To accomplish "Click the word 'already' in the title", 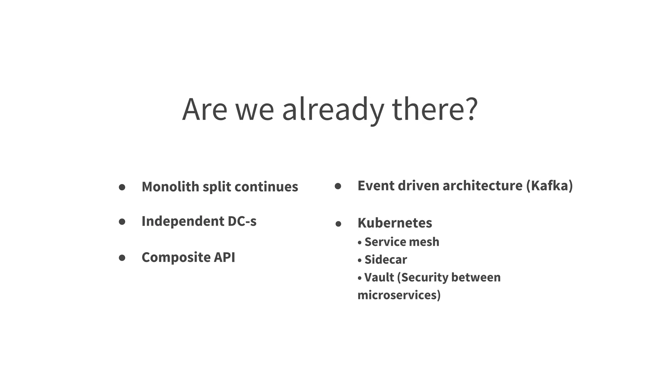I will pos(333,110).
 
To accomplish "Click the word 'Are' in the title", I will pos(205,110).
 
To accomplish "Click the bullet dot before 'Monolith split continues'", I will pos(122,187).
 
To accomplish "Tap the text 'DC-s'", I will pos(242,221).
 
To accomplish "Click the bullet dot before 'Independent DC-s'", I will pos(122,222).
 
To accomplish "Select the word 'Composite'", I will pos(176,257).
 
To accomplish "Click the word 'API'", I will pos(225,257).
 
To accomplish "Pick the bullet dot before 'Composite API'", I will pos(122,258).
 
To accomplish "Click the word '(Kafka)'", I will pos(549,186).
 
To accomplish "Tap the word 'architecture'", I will pos(482,186).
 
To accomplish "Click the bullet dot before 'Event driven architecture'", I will pos(338,186).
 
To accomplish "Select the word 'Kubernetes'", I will pos(395,223).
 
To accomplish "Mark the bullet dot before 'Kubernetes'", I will pos(338,224).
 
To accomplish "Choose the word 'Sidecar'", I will pos(386,260).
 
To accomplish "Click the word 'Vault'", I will pos(379,277).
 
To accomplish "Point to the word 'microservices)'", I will pos(399,295).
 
